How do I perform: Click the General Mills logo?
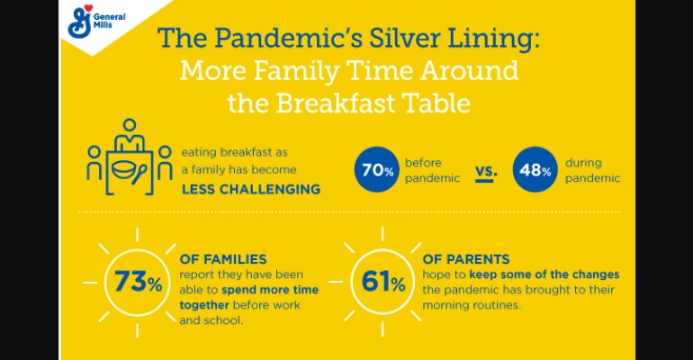click(96, 22)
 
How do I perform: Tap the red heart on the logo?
click(88, 8)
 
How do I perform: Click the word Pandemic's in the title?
click(290, 39)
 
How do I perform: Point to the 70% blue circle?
click(376, 169)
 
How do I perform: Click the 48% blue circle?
click(535, 169)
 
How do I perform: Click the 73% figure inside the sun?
click(138, 282)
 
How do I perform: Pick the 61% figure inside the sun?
click(382, 282)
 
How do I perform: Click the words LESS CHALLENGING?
click(251, 189)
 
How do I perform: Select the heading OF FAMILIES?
click(223, 259)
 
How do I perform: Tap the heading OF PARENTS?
click(466, 259)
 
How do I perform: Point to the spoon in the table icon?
click(139, 174)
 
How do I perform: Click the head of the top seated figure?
click(130, 125)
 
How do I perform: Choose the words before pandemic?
click(432, 170)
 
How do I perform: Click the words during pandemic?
click(593, 170)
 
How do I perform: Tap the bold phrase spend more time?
click(270, 290)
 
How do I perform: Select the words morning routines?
click(471, 305)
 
